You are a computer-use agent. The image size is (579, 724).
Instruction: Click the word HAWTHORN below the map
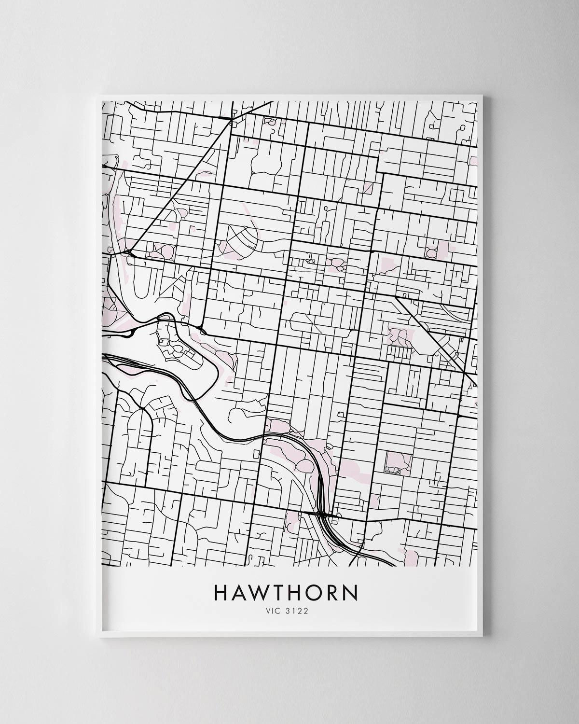click(x=286, y=593)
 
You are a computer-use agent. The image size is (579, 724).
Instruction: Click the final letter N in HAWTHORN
click(x=351, y=593)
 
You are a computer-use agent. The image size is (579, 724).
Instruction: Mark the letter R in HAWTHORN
click(x=333, y=593)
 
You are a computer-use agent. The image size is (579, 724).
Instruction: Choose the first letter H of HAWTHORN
click(x=219, y=593)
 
